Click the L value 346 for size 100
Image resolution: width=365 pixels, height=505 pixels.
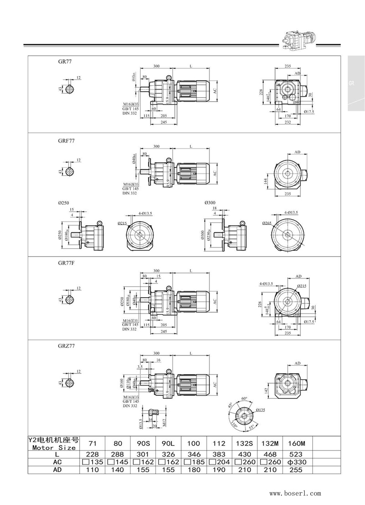[194, 454]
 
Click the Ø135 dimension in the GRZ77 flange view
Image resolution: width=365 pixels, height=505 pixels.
[261, 410]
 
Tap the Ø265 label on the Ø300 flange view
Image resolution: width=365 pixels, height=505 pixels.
[267, 224]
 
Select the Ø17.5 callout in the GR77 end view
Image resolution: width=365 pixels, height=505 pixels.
[308, 111]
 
